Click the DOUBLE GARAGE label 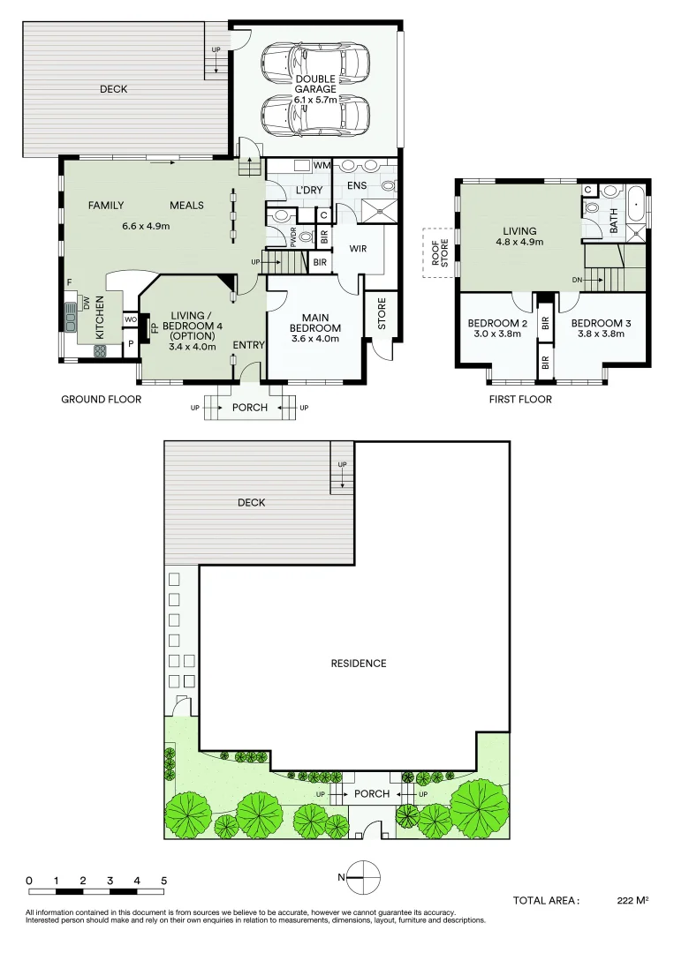[x=315, y=84]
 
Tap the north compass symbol [x=364, y=877]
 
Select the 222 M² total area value [x=632, y=900]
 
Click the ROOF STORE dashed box [x=439, y=252]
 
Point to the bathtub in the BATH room [x=636, y=204]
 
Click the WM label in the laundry [x=322, y=165]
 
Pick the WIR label [x=358, y=248]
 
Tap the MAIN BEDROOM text [x=315, y=323]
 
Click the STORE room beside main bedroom [x=382, y=313]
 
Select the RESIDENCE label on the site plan [x=359, y=663]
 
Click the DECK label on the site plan [x=251, y=503]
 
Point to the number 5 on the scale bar [x=163, y=881]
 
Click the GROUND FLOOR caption [x=101, y=400]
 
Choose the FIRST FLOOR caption [x=520, y=400]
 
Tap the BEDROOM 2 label [x=497, y=323]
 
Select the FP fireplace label [x=155, y=327]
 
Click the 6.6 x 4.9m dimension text [x=146, y=226]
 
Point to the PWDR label [x=293, y=236]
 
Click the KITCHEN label [x=100, y=318]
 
